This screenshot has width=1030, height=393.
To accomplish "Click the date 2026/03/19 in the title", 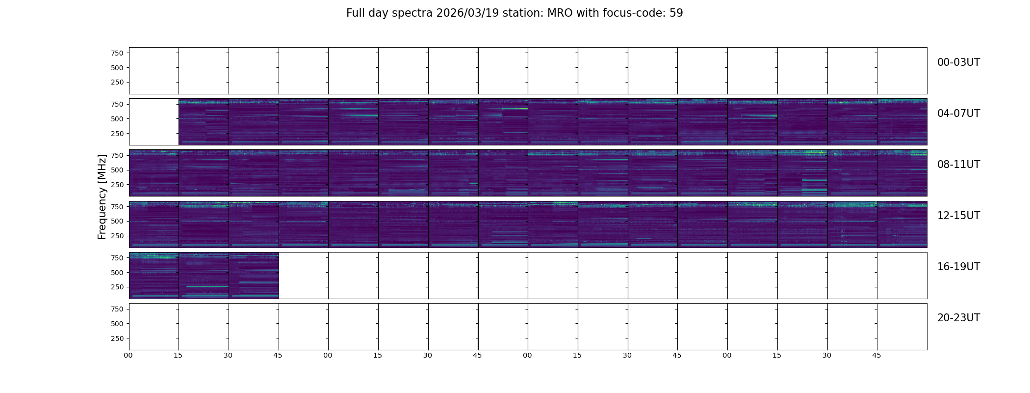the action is click(460, 13).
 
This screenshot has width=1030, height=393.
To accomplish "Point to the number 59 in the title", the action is click(676, 13).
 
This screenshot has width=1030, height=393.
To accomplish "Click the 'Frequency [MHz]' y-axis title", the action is click(102, 196).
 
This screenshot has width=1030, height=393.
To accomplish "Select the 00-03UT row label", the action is click(958, 62).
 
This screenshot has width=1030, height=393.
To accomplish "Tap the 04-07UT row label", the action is click(958, 113).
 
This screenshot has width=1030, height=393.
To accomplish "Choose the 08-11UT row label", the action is click(958, 165).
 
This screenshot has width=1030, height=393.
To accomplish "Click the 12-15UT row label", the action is click(958, 216).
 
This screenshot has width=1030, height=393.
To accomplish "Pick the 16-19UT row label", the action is click(958, 267).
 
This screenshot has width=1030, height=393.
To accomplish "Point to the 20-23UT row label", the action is click(958, 318).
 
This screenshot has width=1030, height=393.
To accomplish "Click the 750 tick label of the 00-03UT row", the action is click(117, 53).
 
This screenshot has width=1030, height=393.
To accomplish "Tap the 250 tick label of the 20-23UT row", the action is click(117, 338).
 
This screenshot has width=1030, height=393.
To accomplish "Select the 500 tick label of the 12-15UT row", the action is click(117, 221).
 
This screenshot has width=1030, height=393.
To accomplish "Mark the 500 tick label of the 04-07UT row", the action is click(117, 119).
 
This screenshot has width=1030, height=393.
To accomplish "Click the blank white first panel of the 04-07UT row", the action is click(154, 122).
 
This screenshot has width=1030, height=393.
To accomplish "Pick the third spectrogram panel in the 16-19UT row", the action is click(254, 276).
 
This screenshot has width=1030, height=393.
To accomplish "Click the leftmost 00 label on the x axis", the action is click(128, 355).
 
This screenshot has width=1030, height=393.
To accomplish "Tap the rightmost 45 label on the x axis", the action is click(876, 355).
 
